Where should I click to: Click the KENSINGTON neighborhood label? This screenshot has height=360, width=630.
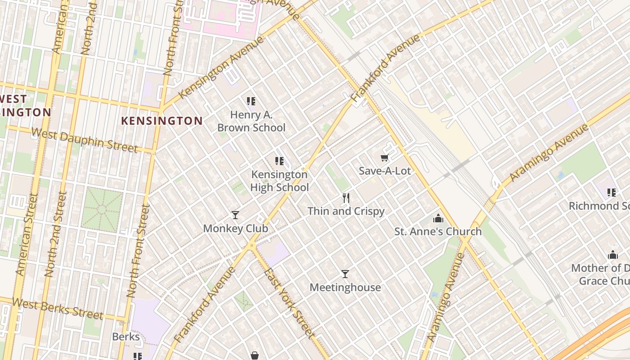[162, 121]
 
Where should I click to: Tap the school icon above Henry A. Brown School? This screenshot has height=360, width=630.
[251, 101]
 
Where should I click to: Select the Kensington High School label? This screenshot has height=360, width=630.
[279, 181]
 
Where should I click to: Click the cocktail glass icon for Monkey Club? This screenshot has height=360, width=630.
[235, 215]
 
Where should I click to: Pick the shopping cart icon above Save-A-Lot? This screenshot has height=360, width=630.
[384, 157]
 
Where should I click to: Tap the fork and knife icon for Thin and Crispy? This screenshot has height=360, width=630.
[346, 198]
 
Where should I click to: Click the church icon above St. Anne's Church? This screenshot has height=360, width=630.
[438, 219]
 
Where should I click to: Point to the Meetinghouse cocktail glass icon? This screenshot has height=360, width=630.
[345, 274]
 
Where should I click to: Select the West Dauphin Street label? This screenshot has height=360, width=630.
[85, 139]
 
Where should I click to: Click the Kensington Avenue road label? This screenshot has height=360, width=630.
[221, 67]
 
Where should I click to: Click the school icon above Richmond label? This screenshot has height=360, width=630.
[611, 193]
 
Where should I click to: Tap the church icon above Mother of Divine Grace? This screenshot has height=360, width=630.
[612, 255]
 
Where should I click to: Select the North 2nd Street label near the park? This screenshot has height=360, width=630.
[56, 234]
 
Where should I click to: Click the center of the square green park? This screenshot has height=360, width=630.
[102, 209]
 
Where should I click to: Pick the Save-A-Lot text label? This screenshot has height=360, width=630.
[385, 171]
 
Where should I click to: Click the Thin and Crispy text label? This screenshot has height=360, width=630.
[346, 211]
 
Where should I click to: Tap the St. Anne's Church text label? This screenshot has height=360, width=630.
[438, 232]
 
